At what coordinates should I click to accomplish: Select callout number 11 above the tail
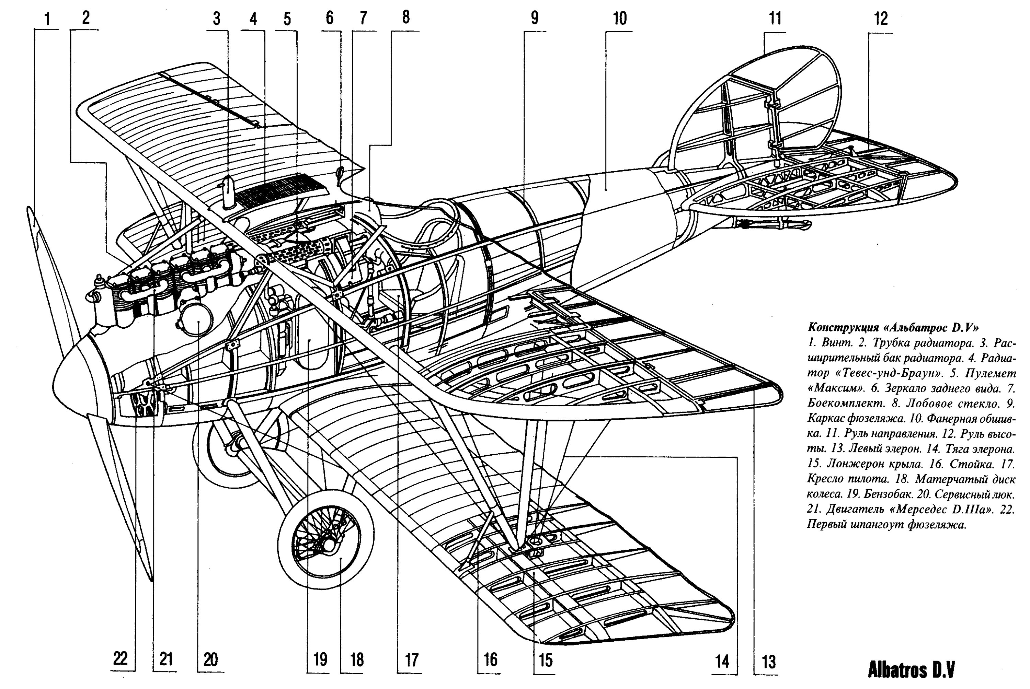tap(775, 19)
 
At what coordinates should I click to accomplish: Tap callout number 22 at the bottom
tap(120, 659)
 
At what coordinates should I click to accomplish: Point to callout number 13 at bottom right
tap(768, 662)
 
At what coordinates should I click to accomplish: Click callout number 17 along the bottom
tap(411, 660)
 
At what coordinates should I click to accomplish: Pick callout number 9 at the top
tap(535, 18)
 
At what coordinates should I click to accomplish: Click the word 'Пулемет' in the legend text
tap(991, 374)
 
